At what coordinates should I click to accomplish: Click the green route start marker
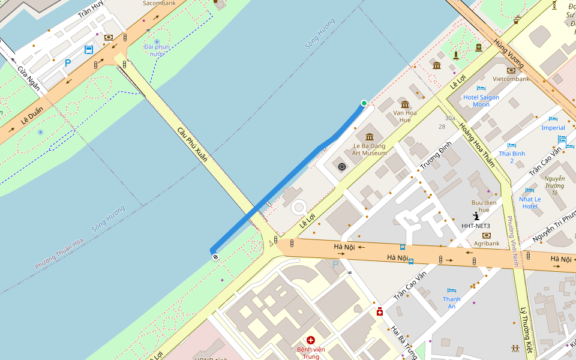click(x=364, y=103)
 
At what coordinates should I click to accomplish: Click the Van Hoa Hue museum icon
click(x=404, y=105)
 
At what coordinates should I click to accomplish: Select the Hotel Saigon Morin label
click(x=481, y=101)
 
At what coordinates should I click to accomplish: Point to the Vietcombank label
click(x=511, y=79)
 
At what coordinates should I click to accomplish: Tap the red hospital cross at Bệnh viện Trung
click(x=311, y=340)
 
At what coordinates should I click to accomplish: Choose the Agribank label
click(x=486, y=244)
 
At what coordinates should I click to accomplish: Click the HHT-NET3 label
click(x=476, y=226)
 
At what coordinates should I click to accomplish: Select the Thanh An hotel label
click(x=452, y=302)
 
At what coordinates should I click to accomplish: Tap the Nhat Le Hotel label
click(x=530, y=203)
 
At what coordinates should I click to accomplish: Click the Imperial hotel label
click(x=553, y=128)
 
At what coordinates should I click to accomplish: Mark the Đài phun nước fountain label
click(x=157, y=50)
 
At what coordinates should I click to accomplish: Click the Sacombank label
click(x=158, y=3)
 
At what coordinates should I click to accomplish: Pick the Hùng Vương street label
click(x=508, y=53)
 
